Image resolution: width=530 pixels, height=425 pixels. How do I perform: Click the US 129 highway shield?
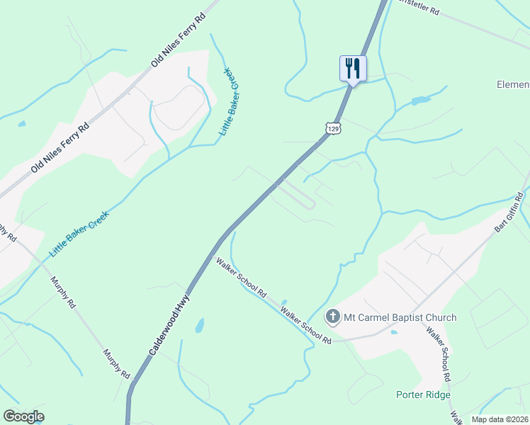click(x=334, y=127)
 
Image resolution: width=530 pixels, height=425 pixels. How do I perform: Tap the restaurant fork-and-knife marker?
click(x=353, y=69)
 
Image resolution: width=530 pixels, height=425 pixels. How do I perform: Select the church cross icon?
click(x=333, y=317)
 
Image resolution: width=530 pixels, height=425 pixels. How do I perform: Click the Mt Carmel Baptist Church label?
click(x=400, y=317)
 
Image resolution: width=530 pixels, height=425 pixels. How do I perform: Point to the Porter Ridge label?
click(x=422, y=395)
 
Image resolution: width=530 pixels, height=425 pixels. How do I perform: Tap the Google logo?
click(x=23, y=416)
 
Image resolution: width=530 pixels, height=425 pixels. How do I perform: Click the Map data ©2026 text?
click(x=500, y=419)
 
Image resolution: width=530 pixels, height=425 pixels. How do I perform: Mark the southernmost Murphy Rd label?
click(x=117, y=363)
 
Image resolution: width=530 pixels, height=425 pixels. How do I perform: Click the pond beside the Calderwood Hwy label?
click(x=200, y=326)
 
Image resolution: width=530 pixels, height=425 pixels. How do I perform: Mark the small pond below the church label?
click(x=393, y=331)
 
